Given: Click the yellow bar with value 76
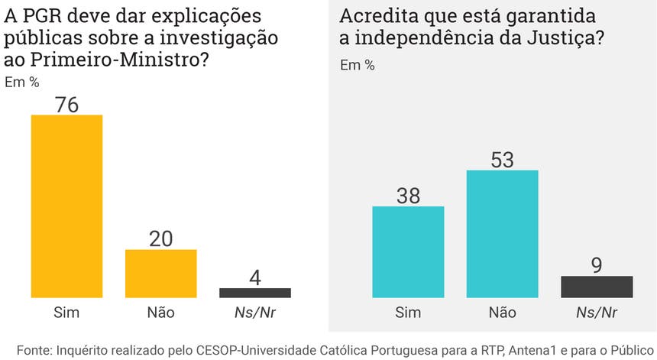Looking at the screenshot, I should click(66, 206).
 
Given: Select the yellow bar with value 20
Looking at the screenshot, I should click(160, 273).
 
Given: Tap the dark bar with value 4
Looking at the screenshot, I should click(255, 293).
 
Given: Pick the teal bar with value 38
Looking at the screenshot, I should click(408, 251).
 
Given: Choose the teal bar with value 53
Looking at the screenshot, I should click(502, 233).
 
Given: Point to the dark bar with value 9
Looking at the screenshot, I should click(597, 287).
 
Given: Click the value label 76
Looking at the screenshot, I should click(66, 105).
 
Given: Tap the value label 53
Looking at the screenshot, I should click(502, 160).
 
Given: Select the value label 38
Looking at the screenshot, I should click(408, 196).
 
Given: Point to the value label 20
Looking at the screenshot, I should click(160, 238).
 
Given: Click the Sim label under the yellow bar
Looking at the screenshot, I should click(66, 312).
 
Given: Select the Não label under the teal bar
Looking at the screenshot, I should click(502, 312).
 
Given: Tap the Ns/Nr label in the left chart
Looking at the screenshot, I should click(255, 312).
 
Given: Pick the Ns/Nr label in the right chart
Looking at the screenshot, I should click(597, 312).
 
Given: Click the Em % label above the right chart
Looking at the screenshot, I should click(357, 65).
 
